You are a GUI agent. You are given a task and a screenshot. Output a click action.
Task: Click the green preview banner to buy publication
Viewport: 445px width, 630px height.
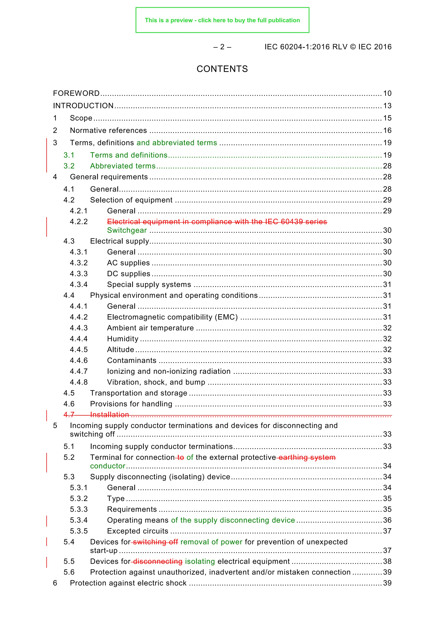(x=222, y=20)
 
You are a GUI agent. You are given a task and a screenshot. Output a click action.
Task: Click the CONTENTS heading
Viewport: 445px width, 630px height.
(x=222, y=69)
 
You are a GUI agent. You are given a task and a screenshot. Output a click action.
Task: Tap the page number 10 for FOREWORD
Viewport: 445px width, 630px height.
(x=387, y=94)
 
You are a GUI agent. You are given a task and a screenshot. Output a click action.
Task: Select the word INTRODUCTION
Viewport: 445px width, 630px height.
(x=83, y=106)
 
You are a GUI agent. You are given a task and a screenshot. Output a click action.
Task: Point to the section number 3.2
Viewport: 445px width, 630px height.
(x=69, y=166)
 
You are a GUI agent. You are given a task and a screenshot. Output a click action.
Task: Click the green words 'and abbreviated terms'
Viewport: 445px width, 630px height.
(x=177, y=143)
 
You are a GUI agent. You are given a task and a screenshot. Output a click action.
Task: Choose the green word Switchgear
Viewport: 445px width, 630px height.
(x=127, y=230)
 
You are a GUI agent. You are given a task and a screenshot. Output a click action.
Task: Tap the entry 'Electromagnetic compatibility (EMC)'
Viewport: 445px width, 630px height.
(x=172, y=317)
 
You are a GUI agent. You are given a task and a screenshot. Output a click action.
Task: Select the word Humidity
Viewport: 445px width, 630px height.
(x=123, y=339)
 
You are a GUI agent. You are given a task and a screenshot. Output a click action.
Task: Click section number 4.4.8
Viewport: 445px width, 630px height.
(x=79, y=382)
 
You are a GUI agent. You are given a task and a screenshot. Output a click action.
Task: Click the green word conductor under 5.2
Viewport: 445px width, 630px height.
(x=108, y=466)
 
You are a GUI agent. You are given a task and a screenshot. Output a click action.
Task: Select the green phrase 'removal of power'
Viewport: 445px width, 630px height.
(x=211, y=542)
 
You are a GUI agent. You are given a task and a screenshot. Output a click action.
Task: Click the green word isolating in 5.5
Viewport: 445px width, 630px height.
(x=200, y=561)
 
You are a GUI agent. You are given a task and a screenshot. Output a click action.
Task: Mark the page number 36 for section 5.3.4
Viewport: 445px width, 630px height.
(x=387, y=520)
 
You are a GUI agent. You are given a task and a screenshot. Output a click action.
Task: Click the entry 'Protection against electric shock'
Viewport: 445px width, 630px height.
(x=128, y=583)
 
